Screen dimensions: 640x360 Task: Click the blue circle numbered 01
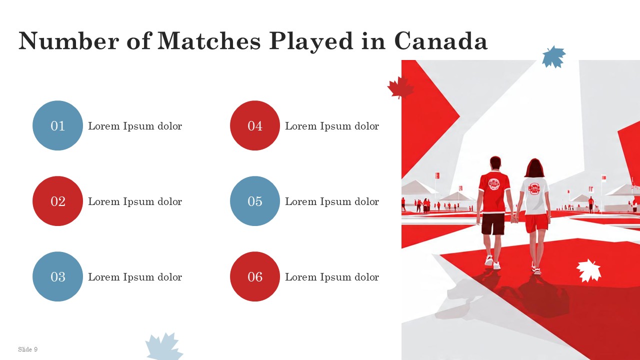57,125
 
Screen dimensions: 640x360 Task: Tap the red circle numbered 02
57,201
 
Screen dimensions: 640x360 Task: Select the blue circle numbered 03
57,276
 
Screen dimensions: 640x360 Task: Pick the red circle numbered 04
255,125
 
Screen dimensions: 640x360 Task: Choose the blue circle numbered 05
255,201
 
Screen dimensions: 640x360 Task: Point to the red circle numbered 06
255,276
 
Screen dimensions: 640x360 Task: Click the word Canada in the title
441,41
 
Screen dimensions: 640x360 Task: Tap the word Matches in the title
209,41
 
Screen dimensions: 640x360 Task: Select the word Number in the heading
68,41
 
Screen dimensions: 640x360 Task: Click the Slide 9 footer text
27,349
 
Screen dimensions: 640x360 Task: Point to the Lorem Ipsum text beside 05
332,201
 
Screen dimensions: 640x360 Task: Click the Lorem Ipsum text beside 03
135,277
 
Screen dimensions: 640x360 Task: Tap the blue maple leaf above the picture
554,57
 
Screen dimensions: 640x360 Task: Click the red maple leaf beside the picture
400,87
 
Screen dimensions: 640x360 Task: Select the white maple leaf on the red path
588,270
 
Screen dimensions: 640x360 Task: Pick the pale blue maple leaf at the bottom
164,346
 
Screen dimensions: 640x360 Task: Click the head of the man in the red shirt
495,163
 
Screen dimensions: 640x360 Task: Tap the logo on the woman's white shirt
534,188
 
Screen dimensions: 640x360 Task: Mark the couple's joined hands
515,219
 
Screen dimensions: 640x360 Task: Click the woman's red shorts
536,223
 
